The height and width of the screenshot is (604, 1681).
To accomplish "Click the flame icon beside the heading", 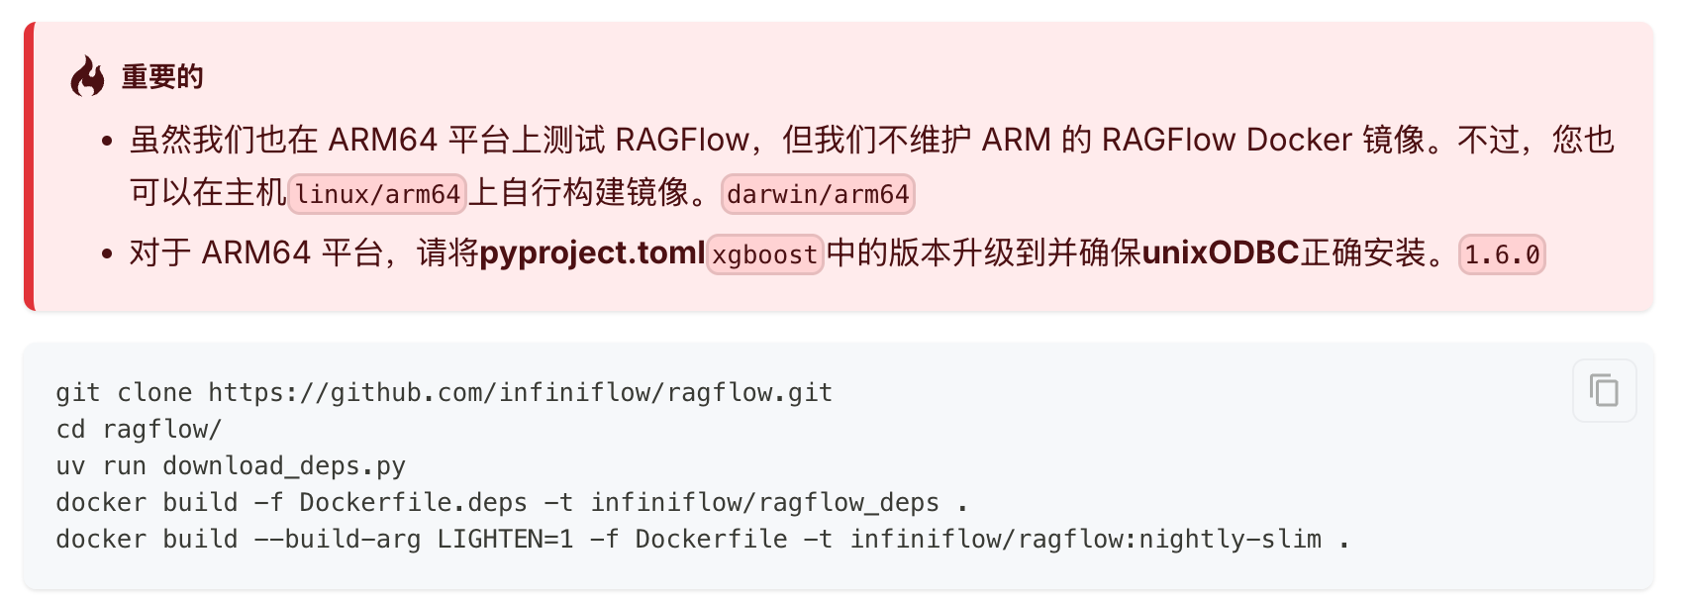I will point(87,76).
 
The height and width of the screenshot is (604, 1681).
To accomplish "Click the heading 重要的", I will point(162,76).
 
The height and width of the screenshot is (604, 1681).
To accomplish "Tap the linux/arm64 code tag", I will point(377,194).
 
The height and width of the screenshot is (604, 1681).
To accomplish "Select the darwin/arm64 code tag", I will point(818,194).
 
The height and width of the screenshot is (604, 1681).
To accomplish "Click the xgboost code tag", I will point(764,254).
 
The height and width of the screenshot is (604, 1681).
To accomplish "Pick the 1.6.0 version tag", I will point(1502,254).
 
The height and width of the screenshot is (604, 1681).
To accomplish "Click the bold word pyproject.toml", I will point(592,252).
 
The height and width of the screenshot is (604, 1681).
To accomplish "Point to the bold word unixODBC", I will point(1220,252).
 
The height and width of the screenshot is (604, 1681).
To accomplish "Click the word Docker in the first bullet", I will point(1299,140).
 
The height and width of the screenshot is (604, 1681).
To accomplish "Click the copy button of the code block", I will point(1604,390).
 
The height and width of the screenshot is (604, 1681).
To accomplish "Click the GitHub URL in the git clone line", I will point(520,393).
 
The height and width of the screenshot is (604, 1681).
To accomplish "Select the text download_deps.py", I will point(284,466).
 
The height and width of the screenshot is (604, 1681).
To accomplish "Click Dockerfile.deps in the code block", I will point(413,503).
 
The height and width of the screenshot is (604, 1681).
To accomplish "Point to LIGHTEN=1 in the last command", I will point(505,540).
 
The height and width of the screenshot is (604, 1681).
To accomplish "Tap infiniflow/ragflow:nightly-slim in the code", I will point(1086,540).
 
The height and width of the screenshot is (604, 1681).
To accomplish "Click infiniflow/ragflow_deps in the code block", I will point(764,503).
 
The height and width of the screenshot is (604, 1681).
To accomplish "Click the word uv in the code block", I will point(70,466).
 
